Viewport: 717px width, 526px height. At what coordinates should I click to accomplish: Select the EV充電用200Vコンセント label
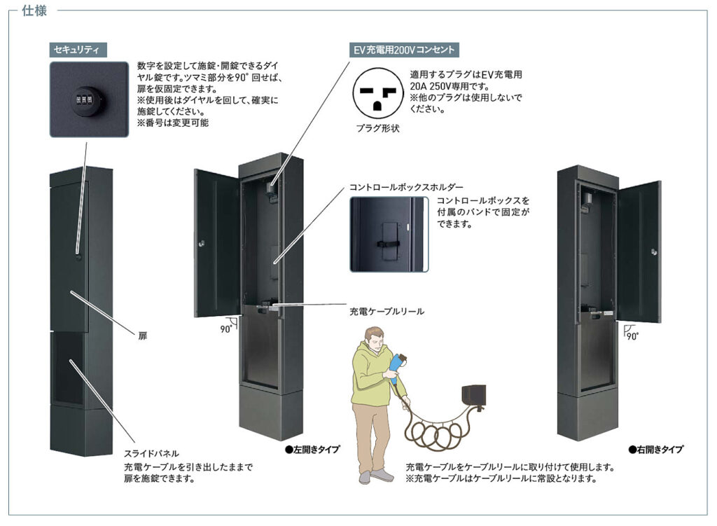point(404,50)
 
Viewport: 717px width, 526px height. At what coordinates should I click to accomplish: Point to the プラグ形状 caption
point(377,129)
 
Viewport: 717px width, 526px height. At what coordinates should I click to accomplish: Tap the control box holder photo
point(387,234)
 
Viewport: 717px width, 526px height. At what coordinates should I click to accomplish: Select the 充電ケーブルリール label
point(387,311)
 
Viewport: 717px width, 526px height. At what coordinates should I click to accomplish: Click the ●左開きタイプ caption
point(312,450)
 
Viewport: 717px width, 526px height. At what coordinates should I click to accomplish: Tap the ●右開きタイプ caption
point(655,450)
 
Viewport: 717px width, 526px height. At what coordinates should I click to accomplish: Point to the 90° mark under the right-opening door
point(631,334)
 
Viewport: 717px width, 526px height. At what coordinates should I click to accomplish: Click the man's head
point(374,340)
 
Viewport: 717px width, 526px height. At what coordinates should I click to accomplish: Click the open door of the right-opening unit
point(639,251)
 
